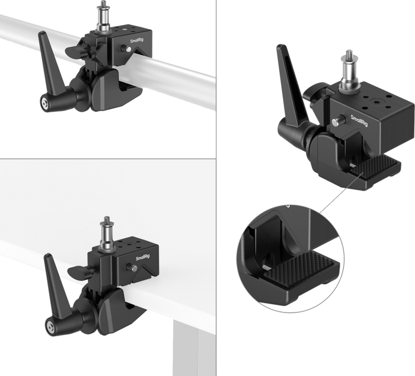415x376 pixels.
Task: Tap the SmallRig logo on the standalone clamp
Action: tap(359, 121)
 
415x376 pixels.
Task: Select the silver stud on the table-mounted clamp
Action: tap(107, 233)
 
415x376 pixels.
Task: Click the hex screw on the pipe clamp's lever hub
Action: tap(44, 103)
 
